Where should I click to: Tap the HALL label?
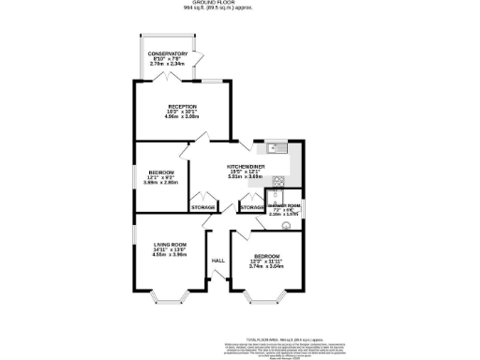pyautogui.click(x=217, y=260)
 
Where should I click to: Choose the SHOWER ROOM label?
pyautogui.click(x=283, y=205)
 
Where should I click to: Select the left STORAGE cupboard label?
pyautogui.click(x=202, y=206)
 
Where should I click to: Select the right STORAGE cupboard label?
pyautogui.click(x=251, y=206)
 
